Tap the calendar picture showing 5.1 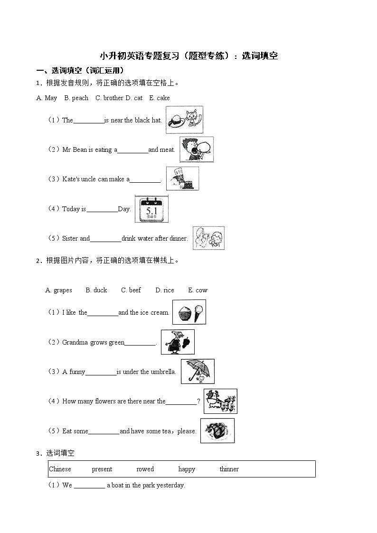point(151,209)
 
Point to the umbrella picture point(198,371)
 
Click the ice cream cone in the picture point(198,312)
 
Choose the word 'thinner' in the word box point(229,469)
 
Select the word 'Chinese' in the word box point(60,469)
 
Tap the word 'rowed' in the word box point(145,469)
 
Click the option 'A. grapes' point(58,290)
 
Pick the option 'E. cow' point(198,290)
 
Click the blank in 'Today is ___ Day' point(102,209)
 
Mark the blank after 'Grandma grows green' point(140,343)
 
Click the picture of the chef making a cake point(182,179)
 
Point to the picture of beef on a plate point(217,431)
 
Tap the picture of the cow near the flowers point(220,401)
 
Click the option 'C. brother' point(109,98)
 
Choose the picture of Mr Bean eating point(197,150)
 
